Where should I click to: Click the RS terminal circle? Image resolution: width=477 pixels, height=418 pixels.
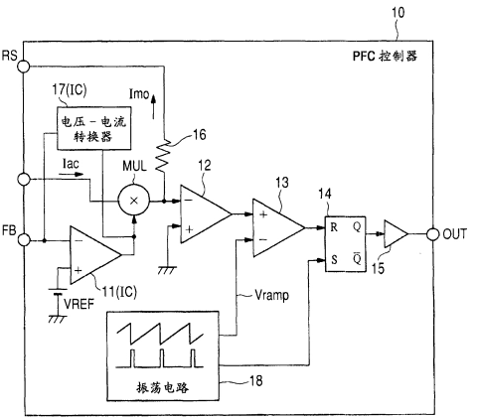tap(24, 67)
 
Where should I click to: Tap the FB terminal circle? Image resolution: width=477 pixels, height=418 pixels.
tap(24, 239)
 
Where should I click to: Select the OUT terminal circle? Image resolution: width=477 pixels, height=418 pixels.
tap(432, 234)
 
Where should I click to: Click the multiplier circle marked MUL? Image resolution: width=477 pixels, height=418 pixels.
tap(134, 201)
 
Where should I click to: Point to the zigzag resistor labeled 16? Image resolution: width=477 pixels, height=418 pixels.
tap(164, 155)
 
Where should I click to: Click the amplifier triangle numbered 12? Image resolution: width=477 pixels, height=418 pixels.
tap(206, 214)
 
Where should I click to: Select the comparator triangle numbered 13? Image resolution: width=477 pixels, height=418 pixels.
tap(278, 227)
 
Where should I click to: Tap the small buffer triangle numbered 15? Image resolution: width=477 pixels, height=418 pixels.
tap(396, 234)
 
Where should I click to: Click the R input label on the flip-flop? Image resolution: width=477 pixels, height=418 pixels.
tap(334, 227)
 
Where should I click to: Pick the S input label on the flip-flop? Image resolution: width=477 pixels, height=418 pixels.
tap(334, 260)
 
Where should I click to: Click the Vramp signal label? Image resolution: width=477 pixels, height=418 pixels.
tap(271, 295)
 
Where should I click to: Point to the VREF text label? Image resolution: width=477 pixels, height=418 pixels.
tap(79, 304)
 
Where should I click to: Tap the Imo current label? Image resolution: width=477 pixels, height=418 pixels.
tap(139, 94)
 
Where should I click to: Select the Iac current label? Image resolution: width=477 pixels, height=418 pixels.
tap(71, 164)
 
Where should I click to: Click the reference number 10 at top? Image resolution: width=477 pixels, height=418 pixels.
tap(397, 13)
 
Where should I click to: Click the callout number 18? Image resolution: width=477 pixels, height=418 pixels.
tap(256, 381)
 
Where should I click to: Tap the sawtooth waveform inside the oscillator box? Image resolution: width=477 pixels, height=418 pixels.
tap(160, 334)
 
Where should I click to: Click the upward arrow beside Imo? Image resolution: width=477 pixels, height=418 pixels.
tap(153, 106)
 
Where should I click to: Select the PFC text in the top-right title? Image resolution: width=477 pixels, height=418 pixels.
tap(364, 56)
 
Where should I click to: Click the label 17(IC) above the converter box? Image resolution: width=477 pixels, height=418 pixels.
tap(70, 90)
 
